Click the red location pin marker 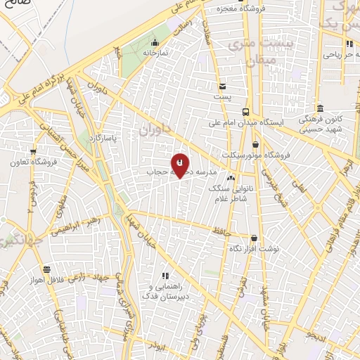[x=181, y=165]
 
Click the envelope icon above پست [x=222, y=85]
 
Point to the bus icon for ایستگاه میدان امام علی [x=245, y=112]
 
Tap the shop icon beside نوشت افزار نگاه [x=253, y=238]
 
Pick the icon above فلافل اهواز [x=46, y=269]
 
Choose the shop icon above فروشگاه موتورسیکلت [x=255, y=144]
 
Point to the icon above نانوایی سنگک [x=231, y=178]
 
